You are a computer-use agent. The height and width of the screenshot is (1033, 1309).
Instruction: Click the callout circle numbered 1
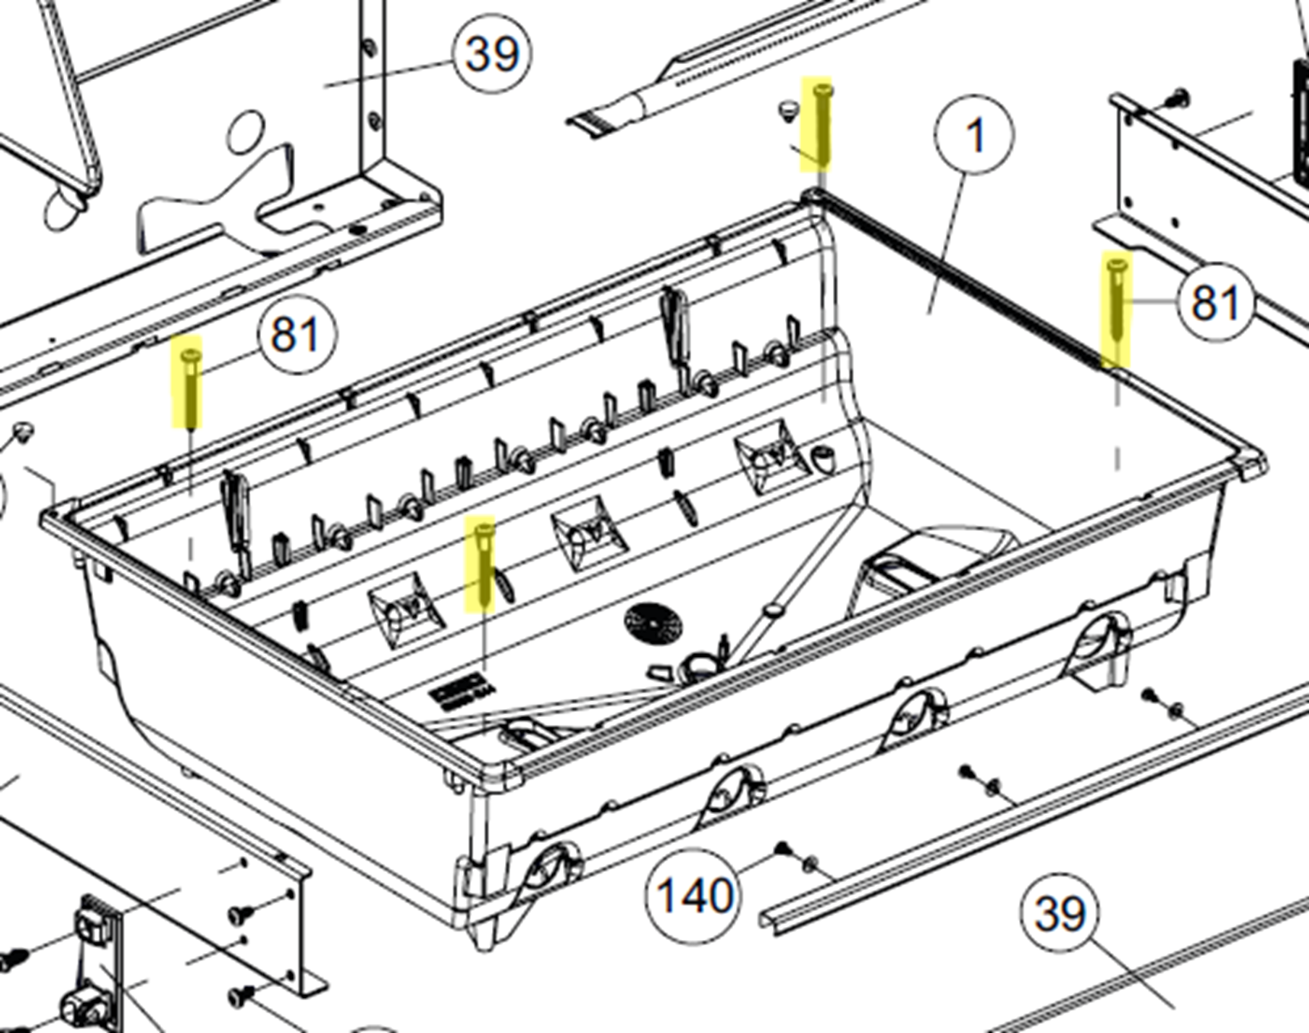[974, 136]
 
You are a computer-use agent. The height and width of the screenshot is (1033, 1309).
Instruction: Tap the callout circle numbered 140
[693, 895]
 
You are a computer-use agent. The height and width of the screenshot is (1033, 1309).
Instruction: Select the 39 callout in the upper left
[492, 54]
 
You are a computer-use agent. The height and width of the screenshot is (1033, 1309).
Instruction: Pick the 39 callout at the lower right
[1060, 912]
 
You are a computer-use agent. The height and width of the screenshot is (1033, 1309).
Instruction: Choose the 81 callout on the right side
[1214, 302]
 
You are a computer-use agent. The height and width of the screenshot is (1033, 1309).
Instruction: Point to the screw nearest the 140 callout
[782, 848]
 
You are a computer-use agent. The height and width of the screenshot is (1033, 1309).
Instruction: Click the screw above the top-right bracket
[1178, 97]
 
